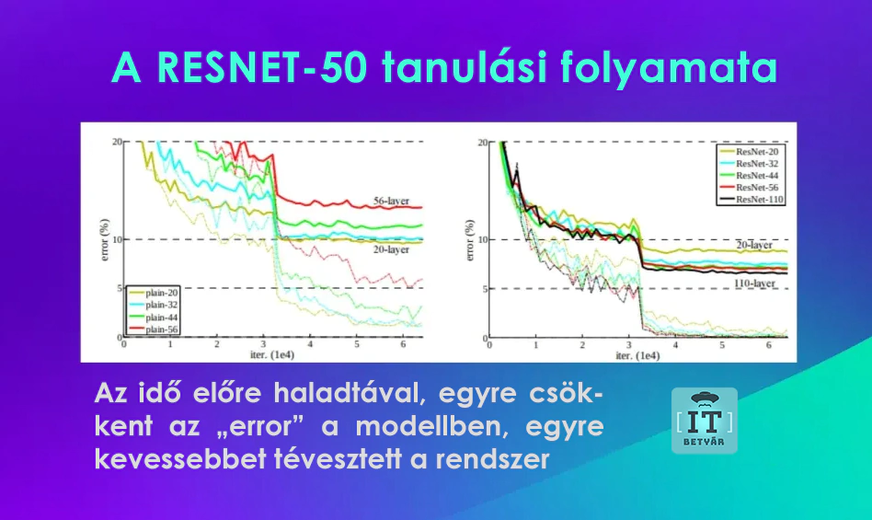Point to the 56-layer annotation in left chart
(391, 200)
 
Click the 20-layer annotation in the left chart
(391, 249)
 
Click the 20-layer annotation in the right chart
(754, 244)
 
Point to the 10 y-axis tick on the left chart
(116, 239)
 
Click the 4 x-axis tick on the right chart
(676, 345)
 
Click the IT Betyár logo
(704, 421)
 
